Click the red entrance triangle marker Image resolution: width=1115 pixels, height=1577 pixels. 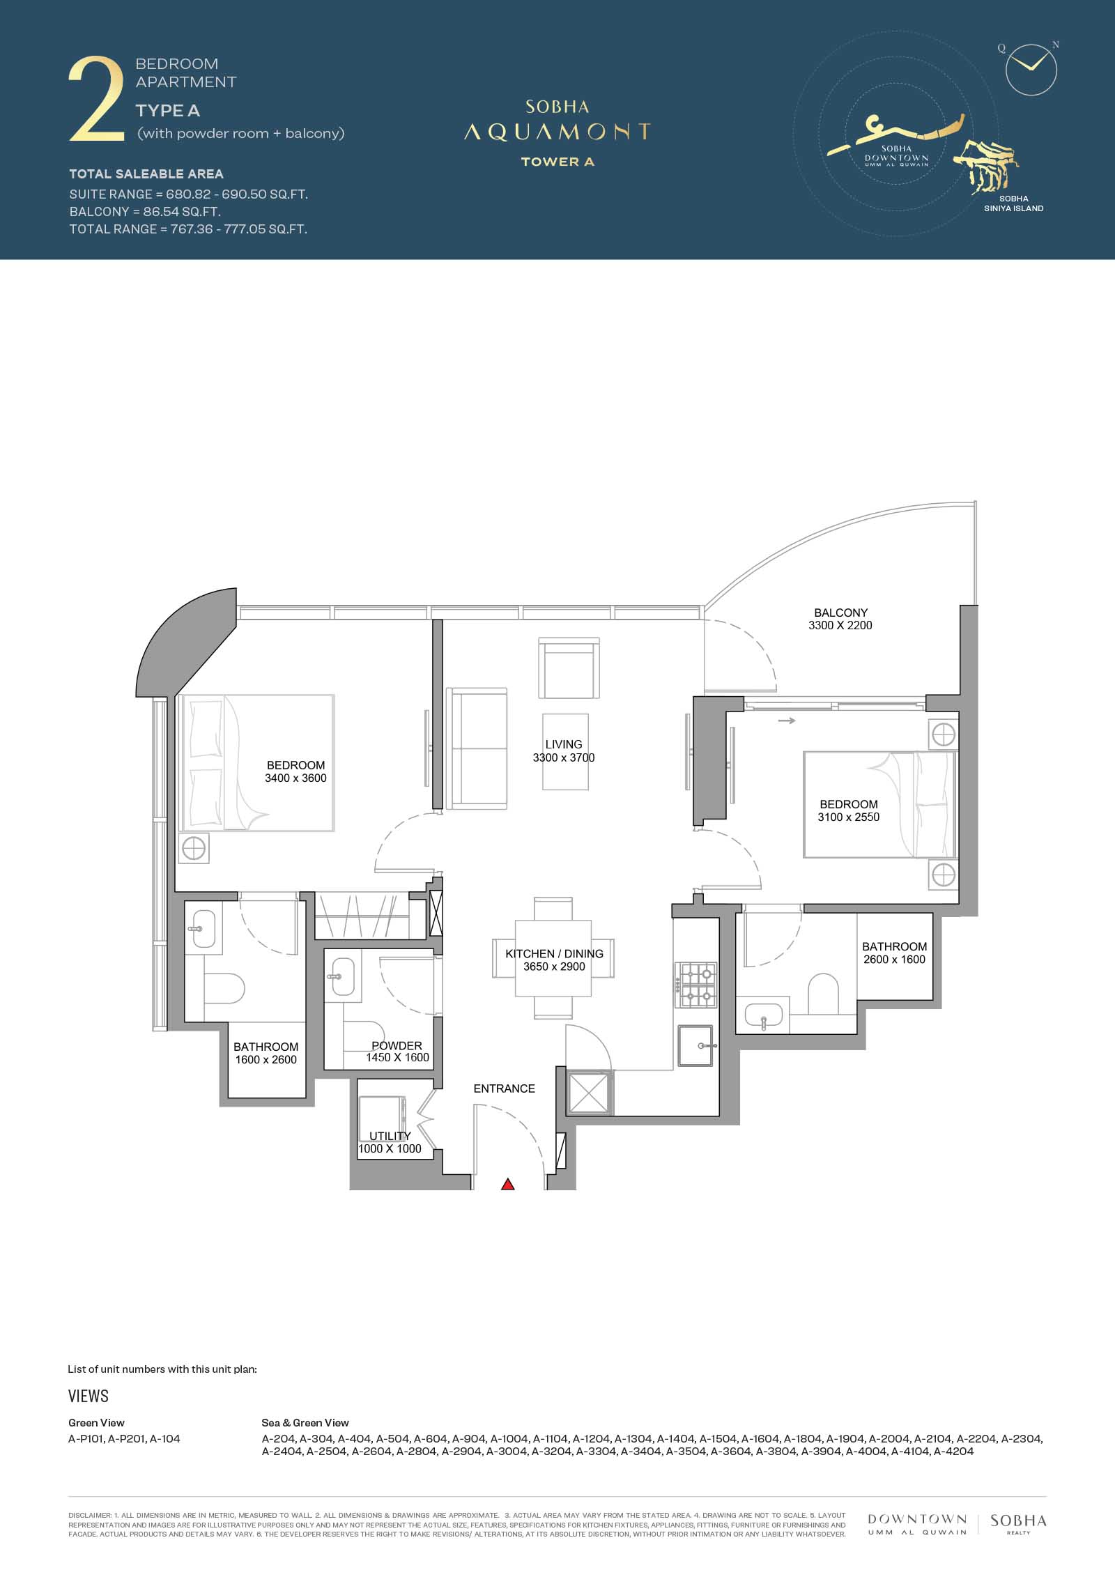[x=508, y=1184]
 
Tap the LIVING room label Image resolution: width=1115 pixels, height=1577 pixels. [x=564, y=744]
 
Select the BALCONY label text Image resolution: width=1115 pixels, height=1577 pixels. [x=840, y=613]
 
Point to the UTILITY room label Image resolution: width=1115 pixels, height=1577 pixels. [x=390, y=1136]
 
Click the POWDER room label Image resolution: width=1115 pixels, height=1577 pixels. [x=397, y=1045]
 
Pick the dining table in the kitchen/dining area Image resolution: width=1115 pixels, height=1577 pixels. [x=553, y=958]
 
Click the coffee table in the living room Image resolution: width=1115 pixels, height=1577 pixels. [x=565, y=751]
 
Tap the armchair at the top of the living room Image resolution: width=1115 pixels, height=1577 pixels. [x=569, y=668]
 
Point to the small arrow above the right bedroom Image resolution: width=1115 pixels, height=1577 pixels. [x=787, y=721]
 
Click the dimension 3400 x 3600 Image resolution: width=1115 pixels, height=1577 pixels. [x=295, y=778]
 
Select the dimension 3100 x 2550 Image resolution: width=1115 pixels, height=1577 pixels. [x=849, y=817]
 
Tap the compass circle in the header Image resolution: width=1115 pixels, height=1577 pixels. [x=1031, y=70]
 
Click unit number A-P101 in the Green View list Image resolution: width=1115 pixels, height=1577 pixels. [x=87, y=1438]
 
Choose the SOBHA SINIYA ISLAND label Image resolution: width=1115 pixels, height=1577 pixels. [x=1013, y=203]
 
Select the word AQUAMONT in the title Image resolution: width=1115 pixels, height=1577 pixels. [x=557, y=132]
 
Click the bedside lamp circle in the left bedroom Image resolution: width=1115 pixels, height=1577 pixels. [x=193, y=849]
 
